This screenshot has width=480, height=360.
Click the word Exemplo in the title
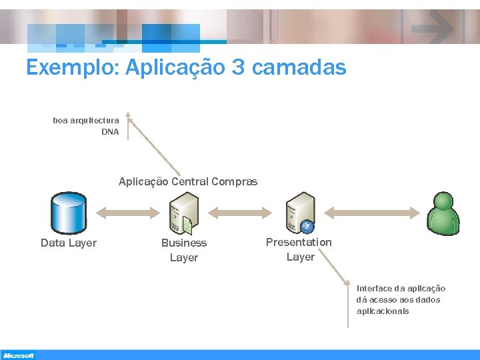pyautogui.click(x=71, y=67)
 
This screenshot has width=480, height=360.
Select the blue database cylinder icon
pyautogui.click(x=69, y=213)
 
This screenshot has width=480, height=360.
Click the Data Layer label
pyautogui.click(x=69, y=243)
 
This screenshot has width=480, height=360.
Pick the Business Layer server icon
pyautogui.click(x=184, y=213)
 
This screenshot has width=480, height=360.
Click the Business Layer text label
pyautogui.click(x=184, y=250)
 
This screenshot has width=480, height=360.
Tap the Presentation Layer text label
pyautogui.click(x=299, y=249)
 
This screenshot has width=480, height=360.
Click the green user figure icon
pyautogui.click(x=443, y=213)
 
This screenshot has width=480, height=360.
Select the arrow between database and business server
pyautogui.click(x=127, y=212)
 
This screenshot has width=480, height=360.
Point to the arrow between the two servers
pyautogui.click(x=241, y=212)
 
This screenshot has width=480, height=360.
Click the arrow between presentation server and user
pyautogui.click(x=374, y=212)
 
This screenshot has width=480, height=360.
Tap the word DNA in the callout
pyautogui.click(x=110, y=132)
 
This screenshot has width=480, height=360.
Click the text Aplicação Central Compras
pyautogui.click(x=188, y=181)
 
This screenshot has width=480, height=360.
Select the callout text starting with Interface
pyautogui.click(x=401, y=299)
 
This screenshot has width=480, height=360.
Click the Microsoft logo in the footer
pyautogui.click(x=18, y=355)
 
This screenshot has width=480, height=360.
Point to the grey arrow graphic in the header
pyautogui.click(x=433, y=27)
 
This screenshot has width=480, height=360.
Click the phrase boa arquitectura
pyautogui.click(x=86, y=121)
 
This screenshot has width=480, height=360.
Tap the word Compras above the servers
pyautogui.click(x=236, y=181)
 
